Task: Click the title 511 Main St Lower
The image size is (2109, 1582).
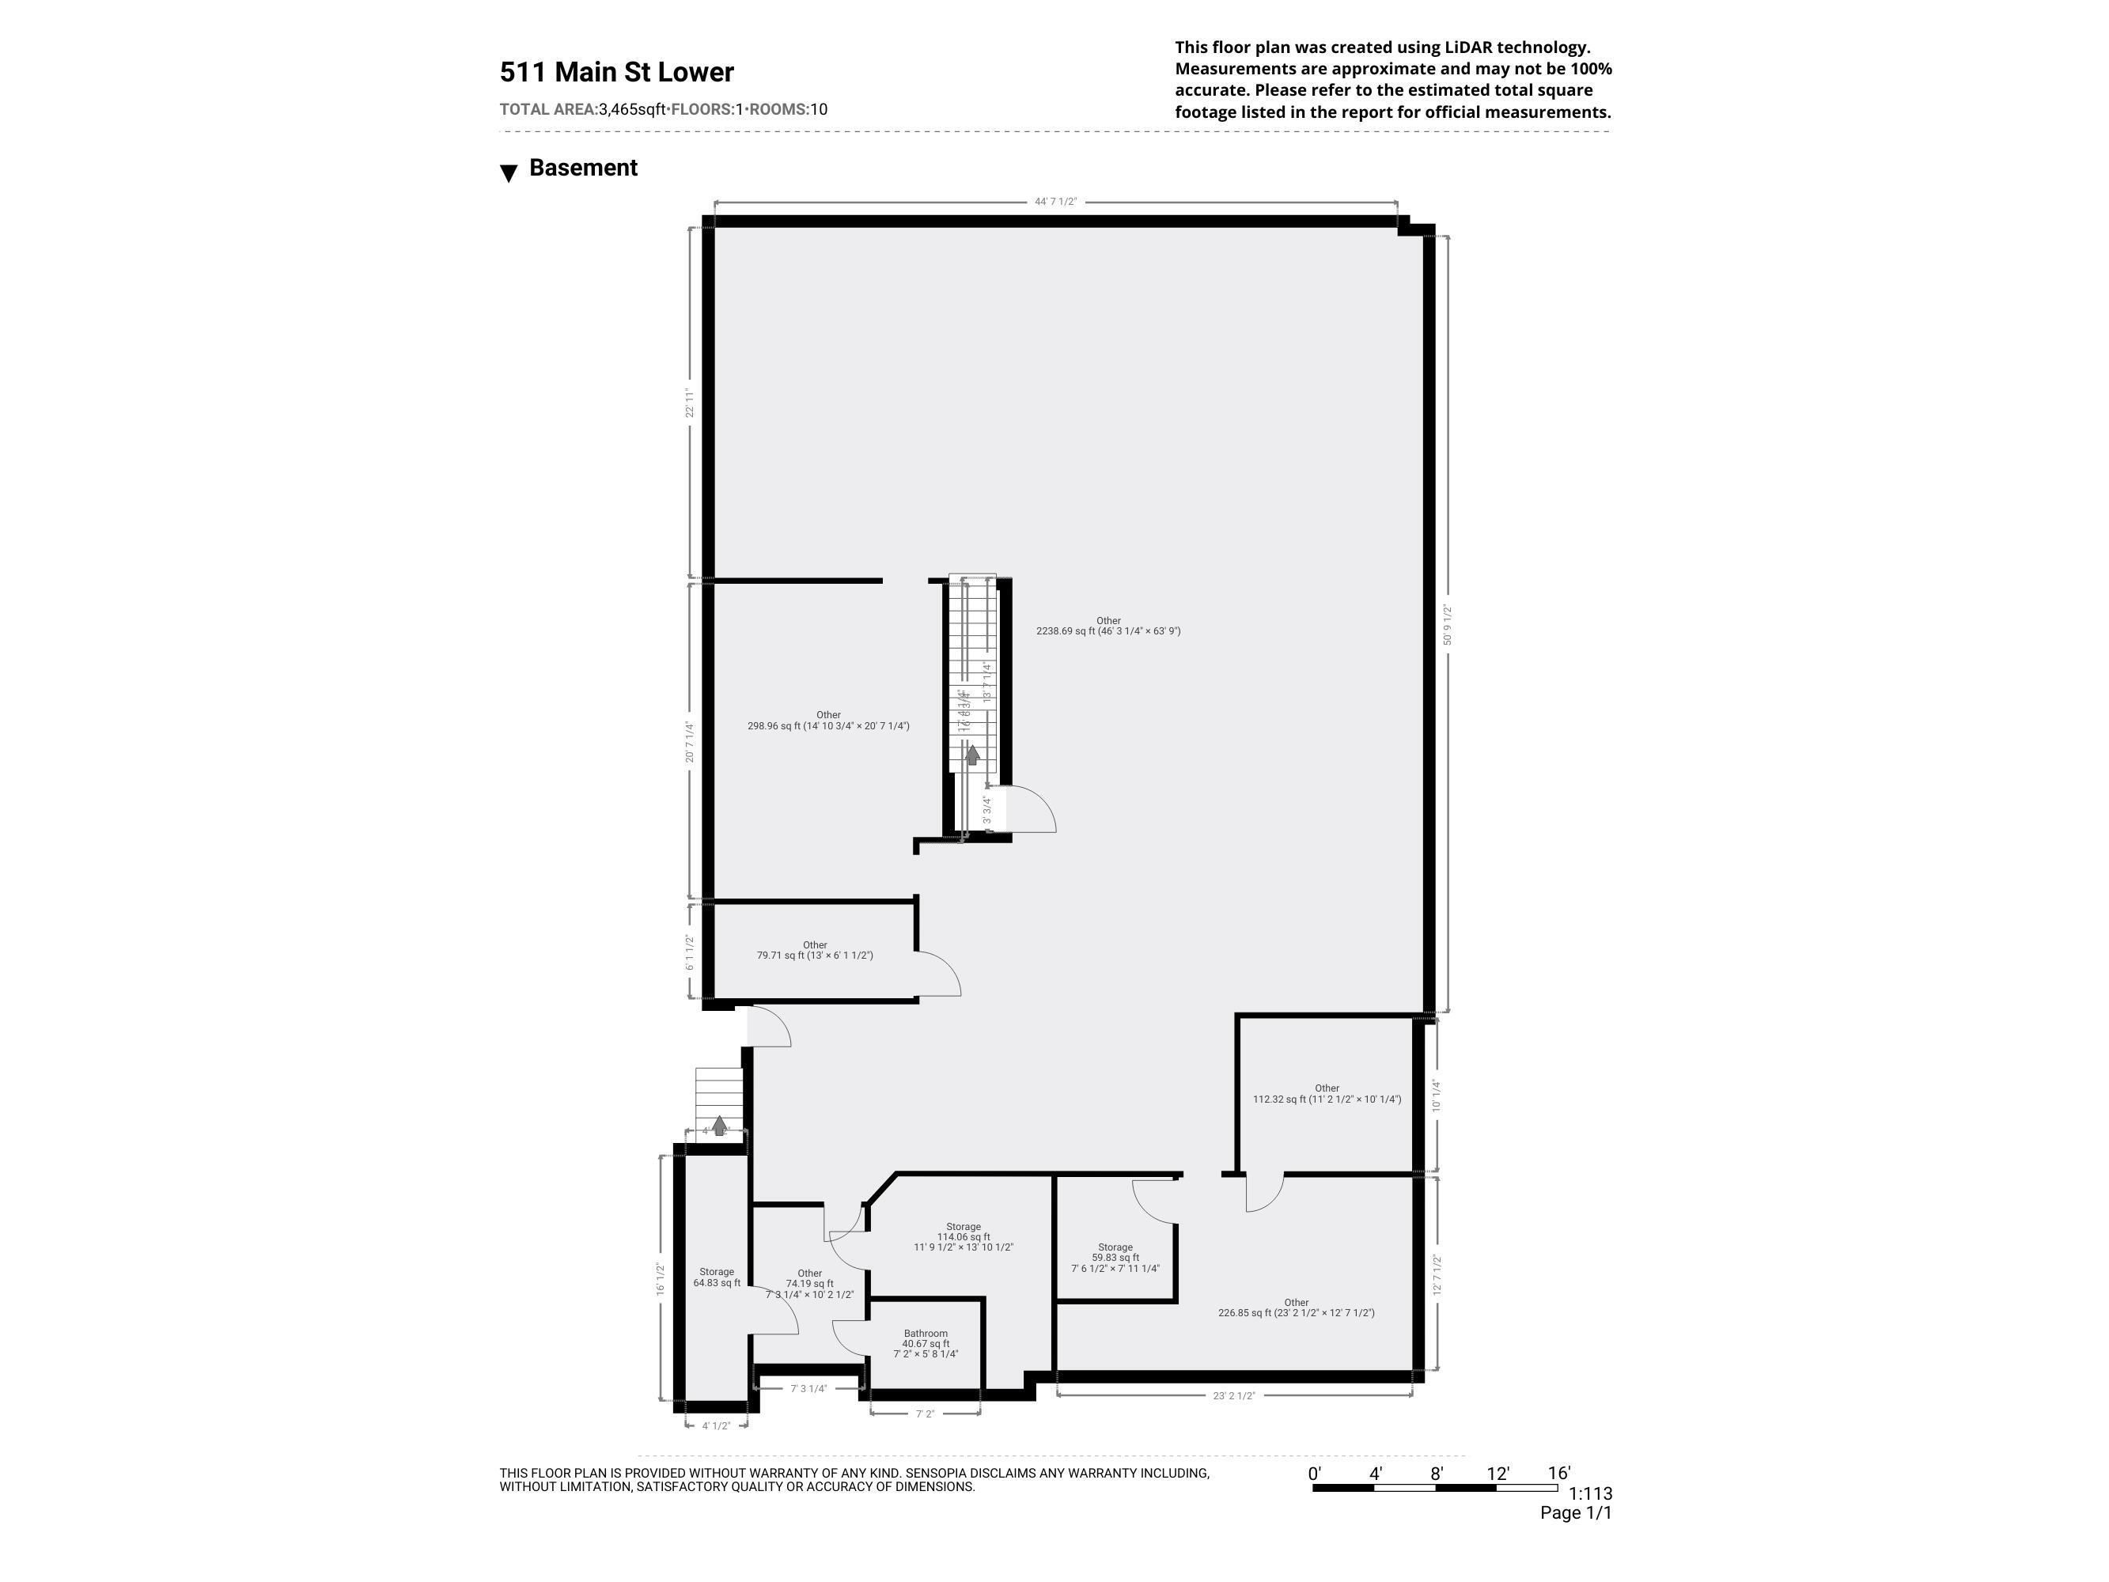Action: click(x=616, y=73)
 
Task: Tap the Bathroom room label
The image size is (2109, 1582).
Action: click(x=925, y=1344)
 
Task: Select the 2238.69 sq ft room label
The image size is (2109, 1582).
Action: click(x=1108, y=626)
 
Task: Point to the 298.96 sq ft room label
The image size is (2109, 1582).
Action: click(x=827, y=721)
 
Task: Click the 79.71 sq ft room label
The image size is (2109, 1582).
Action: click(x=814, y=951)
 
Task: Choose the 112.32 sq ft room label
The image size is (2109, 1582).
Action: click(x=1326, y=1094)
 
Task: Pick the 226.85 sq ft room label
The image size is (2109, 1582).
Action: click(x=1296, y=1308)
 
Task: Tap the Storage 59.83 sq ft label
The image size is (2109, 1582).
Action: click(x=1115, y=1258)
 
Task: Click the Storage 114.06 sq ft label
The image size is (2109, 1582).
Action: click(x=963, y=1237)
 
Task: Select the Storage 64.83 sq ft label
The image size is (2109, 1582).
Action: click(x=716, y=1277)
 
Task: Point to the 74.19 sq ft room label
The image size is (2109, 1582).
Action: click(x=809, y=1285)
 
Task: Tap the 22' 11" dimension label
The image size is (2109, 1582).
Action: click(x=688, y=402)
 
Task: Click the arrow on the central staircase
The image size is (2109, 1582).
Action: click(x=971, y=755)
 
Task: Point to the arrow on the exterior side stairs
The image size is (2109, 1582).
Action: click(x=720, y=1126)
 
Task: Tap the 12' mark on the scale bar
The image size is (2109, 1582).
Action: click(x=1497, y=1474)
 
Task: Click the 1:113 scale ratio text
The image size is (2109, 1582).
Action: click(x=1589, y=1494)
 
